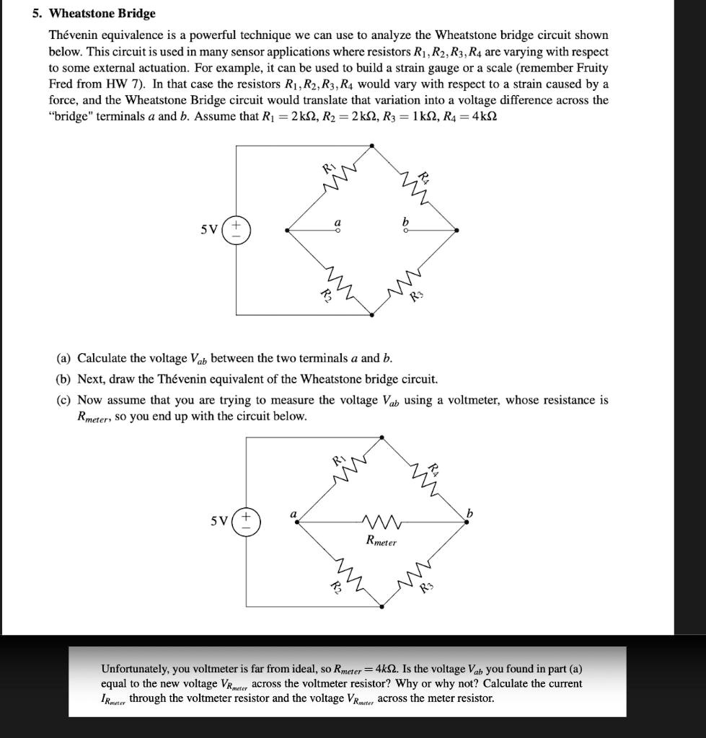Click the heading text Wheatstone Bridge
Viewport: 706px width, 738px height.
(102, 14)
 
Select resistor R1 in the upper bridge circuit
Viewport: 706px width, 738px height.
(333, 183)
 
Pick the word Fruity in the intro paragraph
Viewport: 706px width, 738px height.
(591, 68)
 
